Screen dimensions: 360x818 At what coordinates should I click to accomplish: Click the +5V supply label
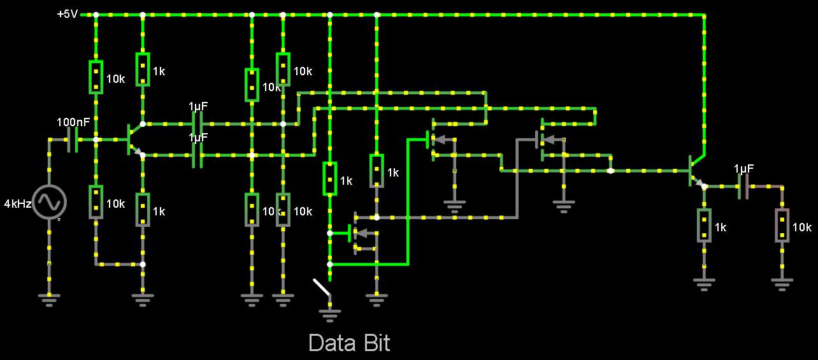[x=68, y=13]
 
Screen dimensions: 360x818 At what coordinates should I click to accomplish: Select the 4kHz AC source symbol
[x=50, y=202]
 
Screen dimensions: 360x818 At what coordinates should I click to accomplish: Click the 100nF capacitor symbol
[x=73, y=140]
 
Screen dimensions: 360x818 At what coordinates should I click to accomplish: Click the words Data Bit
[x=349, y=343]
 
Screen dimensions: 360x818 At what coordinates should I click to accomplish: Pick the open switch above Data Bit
[x=322, y=287]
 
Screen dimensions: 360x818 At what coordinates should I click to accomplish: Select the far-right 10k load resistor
[x=782, y=225]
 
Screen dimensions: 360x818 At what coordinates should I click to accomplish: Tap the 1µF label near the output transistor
[x=744, y=169]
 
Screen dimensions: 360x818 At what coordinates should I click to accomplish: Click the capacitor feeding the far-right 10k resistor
[x=743, y=186]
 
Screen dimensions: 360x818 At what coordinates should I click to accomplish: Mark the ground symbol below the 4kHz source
[x=50, y=298]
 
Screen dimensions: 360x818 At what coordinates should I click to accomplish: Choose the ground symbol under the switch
[x=329, y=313]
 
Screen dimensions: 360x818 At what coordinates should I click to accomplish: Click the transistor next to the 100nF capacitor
[x=133, y=140]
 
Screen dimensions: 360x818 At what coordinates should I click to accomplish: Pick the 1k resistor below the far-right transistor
[x=704, y=225]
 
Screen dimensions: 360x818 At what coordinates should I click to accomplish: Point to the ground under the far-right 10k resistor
[x=782, y=284]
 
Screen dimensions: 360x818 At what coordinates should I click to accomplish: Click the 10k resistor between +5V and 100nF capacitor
[x=96, y=77]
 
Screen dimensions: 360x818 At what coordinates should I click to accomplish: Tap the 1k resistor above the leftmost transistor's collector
[x=143, y=69]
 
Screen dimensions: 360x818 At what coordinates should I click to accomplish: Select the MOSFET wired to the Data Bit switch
[x=357, y=233]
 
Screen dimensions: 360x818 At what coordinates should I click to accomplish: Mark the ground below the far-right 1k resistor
[x=704, y=284]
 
